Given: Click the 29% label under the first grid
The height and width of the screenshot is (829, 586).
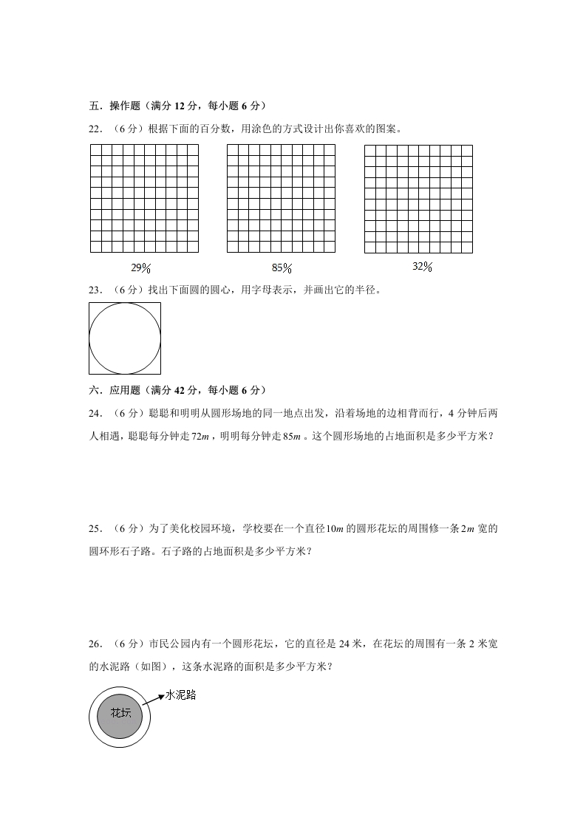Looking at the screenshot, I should (x=141, y=268).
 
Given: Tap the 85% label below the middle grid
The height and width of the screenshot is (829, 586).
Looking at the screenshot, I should (x=282, y=268).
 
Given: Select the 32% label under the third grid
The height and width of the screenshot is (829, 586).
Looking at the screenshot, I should (x=422, y=267).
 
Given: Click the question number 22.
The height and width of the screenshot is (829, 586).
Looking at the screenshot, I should (x=95, y=129).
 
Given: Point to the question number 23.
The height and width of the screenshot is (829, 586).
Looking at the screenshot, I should (x=95, y=290).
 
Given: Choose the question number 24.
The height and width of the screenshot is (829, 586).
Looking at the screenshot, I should (x=95, y=412).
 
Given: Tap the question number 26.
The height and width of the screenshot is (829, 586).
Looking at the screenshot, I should (x=95, y=644).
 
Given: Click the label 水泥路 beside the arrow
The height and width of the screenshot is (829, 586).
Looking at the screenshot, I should (x=182, y=695).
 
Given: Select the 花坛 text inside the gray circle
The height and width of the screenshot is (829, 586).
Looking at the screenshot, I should (x=121, y=713).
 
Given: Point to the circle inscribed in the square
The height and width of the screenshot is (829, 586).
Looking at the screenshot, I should (x=125, y=338).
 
